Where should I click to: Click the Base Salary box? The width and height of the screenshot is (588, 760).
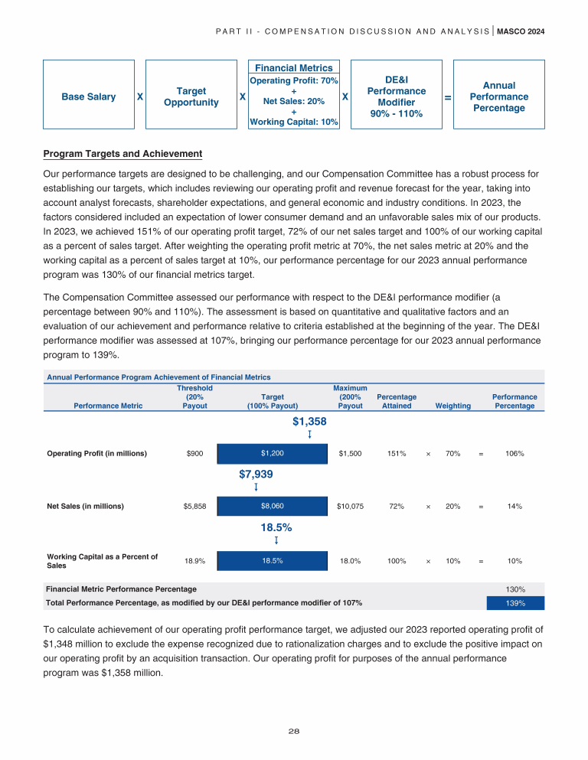tap(88, 97)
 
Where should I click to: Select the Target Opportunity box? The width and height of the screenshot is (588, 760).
tap(191, 97)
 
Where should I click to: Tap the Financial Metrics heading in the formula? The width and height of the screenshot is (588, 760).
tap(294, 68)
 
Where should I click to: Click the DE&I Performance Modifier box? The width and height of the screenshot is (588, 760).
tap(396, 96)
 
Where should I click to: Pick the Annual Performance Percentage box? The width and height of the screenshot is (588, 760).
tap(498, 97)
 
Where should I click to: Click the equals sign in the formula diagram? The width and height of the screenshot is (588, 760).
tap(447, 97)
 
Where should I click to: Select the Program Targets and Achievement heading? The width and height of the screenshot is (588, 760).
tap(123, 154)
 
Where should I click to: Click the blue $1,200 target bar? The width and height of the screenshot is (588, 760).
tap(272, 453)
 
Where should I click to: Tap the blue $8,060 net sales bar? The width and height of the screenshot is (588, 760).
tap(272, 506)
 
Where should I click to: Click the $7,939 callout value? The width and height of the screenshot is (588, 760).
tap(256, 475)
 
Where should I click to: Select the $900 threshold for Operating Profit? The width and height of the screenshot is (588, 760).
tap(195, 453)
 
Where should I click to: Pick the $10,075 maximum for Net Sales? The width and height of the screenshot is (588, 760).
tap(350, 506)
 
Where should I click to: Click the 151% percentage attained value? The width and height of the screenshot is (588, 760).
tap(396, 453)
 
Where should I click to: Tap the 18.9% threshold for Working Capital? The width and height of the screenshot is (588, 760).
tap(195, 560)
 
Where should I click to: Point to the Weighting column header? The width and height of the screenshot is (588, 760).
tap(452, 406)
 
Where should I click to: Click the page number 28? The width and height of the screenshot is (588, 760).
tap(294, 731)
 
